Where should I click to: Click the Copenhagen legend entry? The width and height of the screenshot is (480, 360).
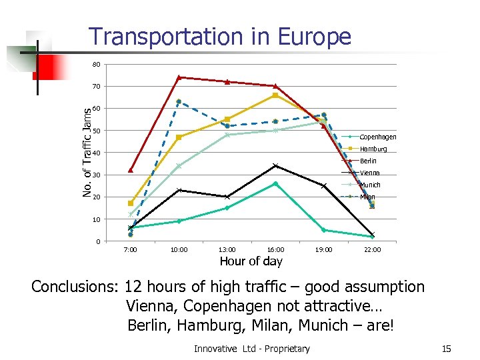point(377,137)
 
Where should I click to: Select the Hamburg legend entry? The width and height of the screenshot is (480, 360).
point(373,149)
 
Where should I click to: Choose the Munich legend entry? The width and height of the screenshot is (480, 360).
point(370,185)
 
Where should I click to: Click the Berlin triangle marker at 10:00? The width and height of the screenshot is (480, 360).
point(179,77)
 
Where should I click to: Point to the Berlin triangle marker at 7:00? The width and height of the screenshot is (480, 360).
point(131,170)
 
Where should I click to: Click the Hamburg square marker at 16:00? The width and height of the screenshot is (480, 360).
point(275,95)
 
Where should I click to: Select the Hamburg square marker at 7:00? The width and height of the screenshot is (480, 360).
point(131,203)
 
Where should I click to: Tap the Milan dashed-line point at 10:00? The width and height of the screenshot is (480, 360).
point(179,102)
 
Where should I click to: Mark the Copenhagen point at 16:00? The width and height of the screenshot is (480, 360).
point(275,183)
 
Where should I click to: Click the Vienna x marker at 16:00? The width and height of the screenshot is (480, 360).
point(275,166)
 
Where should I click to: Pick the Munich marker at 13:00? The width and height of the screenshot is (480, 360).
point(227,135)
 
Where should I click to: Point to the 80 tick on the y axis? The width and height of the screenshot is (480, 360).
point(97,65)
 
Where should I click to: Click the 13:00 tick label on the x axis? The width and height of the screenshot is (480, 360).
point(227,250)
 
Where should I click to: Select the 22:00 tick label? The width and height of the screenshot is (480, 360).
point(372,250)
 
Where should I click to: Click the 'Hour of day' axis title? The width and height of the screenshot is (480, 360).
point(251,261)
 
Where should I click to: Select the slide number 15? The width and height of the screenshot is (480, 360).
point(447,348)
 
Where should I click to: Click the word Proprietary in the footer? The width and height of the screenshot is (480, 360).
point(285,348)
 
